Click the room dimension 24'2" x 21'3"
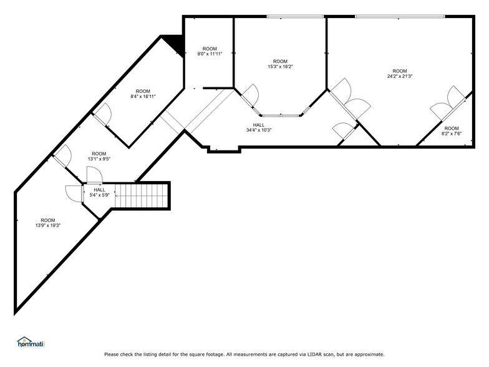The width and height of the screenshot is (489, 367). click(400, 76)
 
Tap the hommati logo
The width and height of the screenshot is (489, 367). click(31, 342)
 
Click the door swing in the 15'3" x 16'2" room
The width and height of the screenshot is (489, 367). click(250, 94)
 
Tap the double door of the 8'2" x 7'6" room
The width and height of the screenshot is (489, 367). click(448, 102)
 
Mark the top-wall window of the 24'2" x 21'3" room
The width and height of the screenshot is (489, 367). click(399, 16)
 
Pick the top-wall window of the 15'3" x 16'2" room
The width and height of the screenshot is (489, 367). click(296, 16)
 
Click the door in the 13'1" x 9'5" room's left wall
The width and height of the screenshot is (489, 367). click(61, 155)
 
